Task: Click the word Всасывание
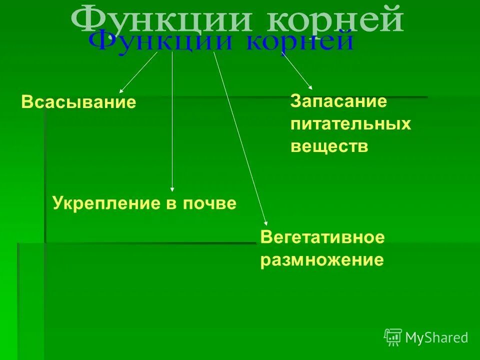tap(78, 102)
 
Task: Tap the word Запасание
tap(338, 101)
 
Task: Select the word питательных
tap(350, 124)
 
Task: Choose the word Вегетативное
tap(322, 237)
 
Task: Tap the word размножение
tap(322, 260)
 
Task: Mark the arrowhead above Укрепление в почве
tap(172, 189)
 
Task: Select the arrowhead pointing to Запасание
tap(310, 87)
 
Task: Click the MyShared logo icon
tap(392, 337)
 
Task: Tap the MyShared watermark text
tap(436, 338)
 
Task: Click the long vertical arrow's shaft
tap(172, 120)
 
